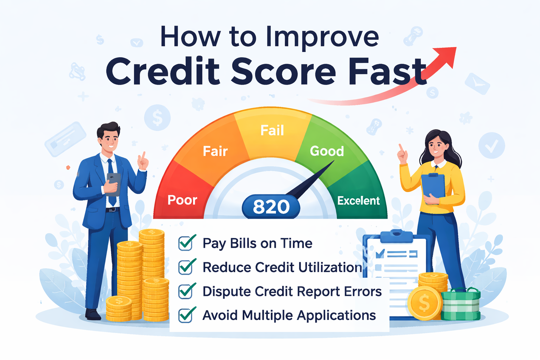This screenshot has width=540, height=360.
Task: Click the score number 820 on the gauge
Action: pos(271,207)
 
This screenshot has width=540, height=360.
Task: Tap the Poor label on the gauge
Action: pos(182,200)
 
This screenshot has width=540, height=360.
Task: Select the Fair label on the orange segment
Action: pos(215,152)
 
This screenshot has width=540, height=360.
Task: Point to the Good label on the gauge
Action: pos(327,151)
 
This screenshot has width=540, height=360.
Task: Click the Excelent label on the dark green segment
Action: pos(358,201)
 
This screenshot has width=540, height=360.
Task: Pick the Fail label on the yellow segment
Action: pos(272,130)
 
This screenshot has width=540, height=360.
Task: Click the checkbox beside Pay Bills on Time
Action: pos(186,243)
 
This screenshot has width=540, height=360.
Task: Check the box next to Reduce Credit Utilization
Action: pos(186,267)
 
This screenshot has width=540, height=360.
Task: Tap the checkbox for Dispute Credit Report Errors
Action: pos(186,291)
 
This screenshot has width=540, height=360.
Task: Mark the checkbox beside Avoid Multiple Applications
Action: pos(186,315)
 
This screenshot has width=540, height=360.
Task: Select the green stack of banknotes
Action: pos(461,304)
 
